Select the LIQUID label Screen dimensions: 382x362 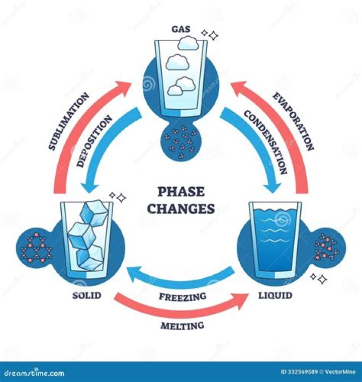pos(275,295)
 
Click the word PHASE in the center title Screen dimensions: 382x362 pos(181,192)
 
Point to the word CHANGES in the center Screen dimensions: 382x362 pos(181,208)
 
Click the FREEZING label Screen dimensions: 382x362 pos(183,296)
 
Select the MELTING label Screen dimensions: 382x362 pos(182,326)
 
